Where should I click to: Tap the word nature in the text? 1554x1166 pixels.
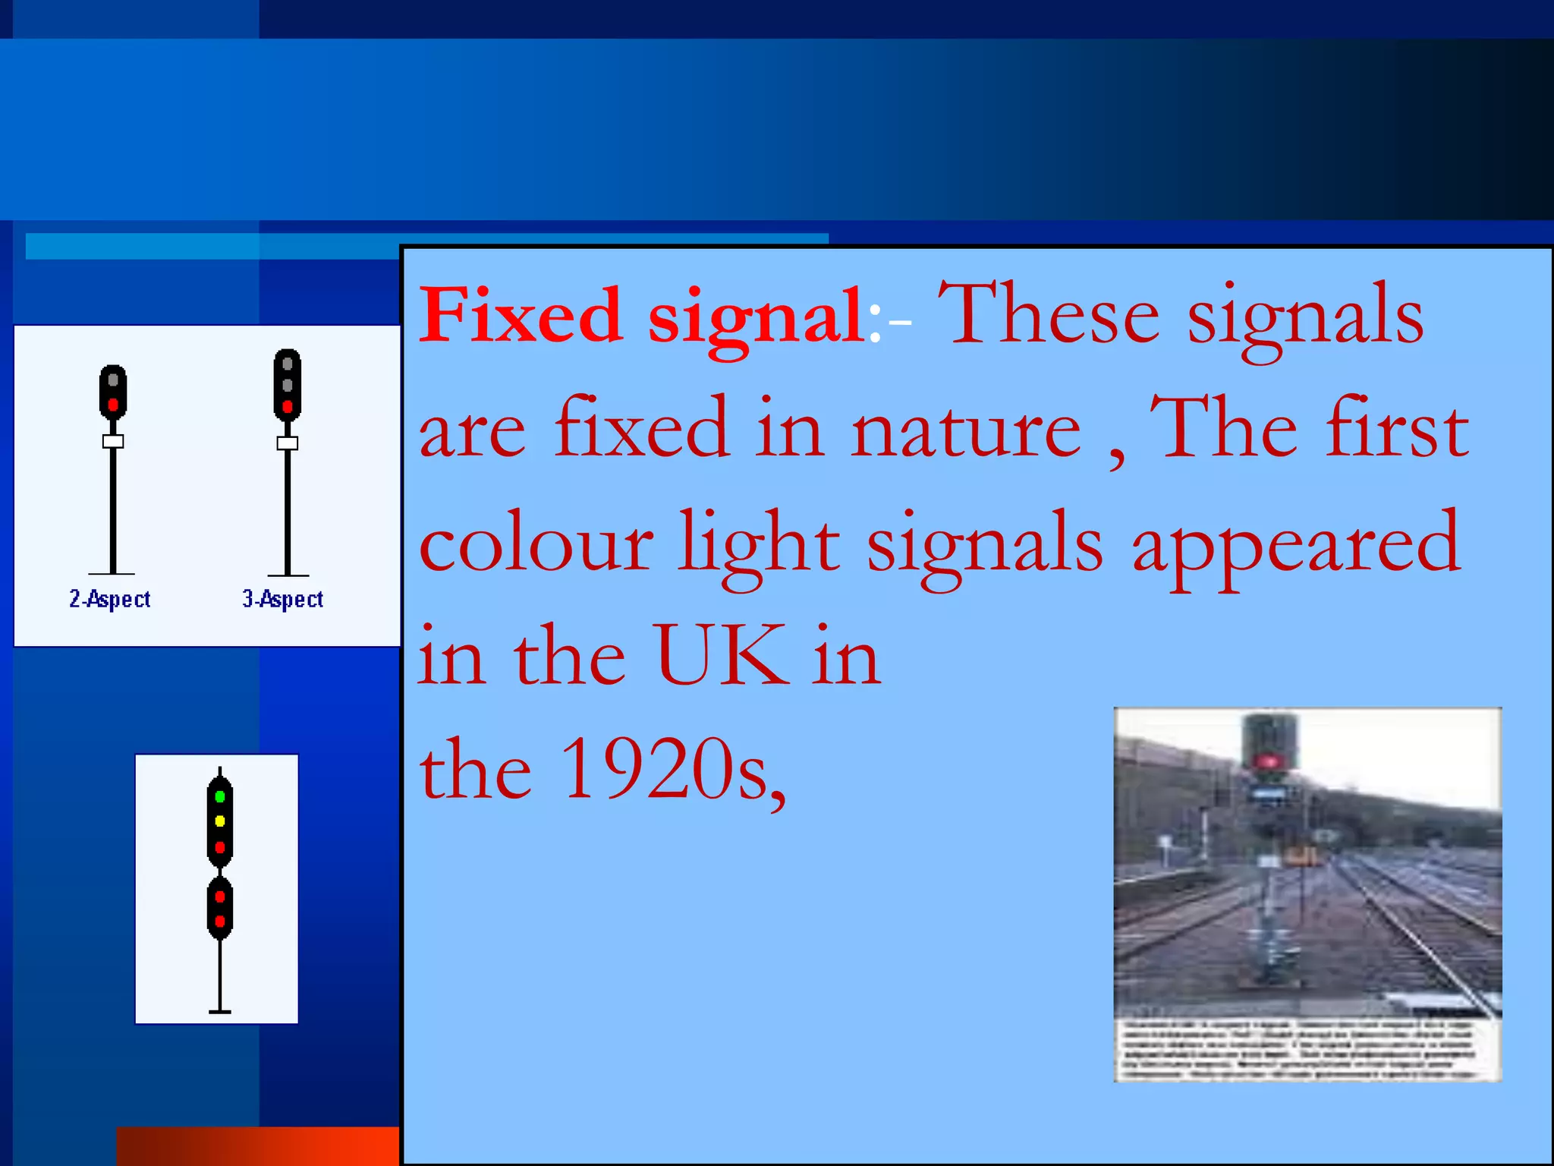tap(966, 430)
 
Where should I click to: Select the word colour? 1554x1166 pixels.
tap(536, 544)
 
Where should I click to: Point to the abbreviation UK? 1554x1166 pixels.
tap(720, 656)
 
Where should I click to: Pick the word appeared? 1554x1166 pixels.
tap(1296, 544)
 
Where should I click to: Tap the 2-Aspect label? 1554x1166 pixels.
tap(110, 599)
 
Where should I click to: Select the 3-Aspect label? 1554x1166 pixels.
tap(283, 599)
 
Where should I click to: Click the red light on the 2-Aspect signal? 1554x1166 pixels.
tap(113, 404)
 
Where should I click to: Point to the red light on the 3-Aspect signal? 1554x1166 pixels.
tap(288, 407)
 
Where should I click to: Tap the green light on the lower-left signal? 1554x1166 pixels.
tap(220, 796)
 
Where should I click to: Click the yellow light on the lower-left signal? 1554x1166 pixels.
tap(220, 821)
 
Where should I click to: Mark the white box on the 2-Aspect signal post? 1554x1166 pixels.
tap(113, 441)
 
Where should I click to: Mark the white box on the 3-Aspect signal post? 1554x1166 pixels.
tap(288, 443)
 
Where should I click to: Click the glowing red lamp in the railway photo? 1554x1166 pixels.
tap(1266, 761)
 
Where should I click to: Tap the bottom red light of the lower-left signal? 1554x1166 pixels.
tap(220, 921)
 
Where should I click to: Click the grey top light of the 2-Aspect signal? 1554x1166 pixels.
tap(113, 380)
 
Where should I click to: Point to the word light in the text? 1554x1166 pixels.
tap(759, 544)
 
